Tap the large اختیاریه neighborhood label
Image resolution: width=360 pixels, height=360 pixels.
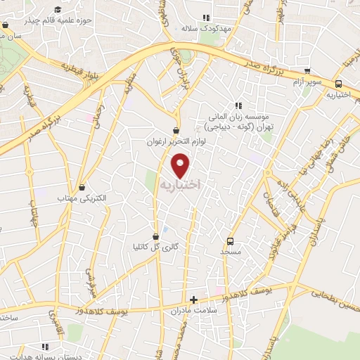[x=181, y=184]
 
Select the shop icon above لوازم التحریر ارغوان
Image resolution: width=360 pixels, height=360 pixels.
[x=176, y=130]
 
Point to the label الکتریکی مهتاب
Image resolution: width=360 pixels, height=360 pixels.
[x=82, y=199]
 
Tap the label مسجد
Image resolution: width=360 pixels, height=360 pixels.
[x=230, y=251]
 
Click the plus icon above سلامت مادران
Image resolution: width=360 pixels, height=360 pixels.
[x=193, y=300]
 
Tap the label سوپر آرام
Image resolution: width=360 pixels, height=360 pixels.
[x=307, y=82]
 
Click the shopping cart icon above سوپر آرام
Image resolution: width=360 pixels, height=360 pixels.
[x=307, y=71]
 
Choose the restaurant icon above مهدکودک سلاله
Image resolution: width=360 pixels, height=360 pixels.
[x=205, y=18]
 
